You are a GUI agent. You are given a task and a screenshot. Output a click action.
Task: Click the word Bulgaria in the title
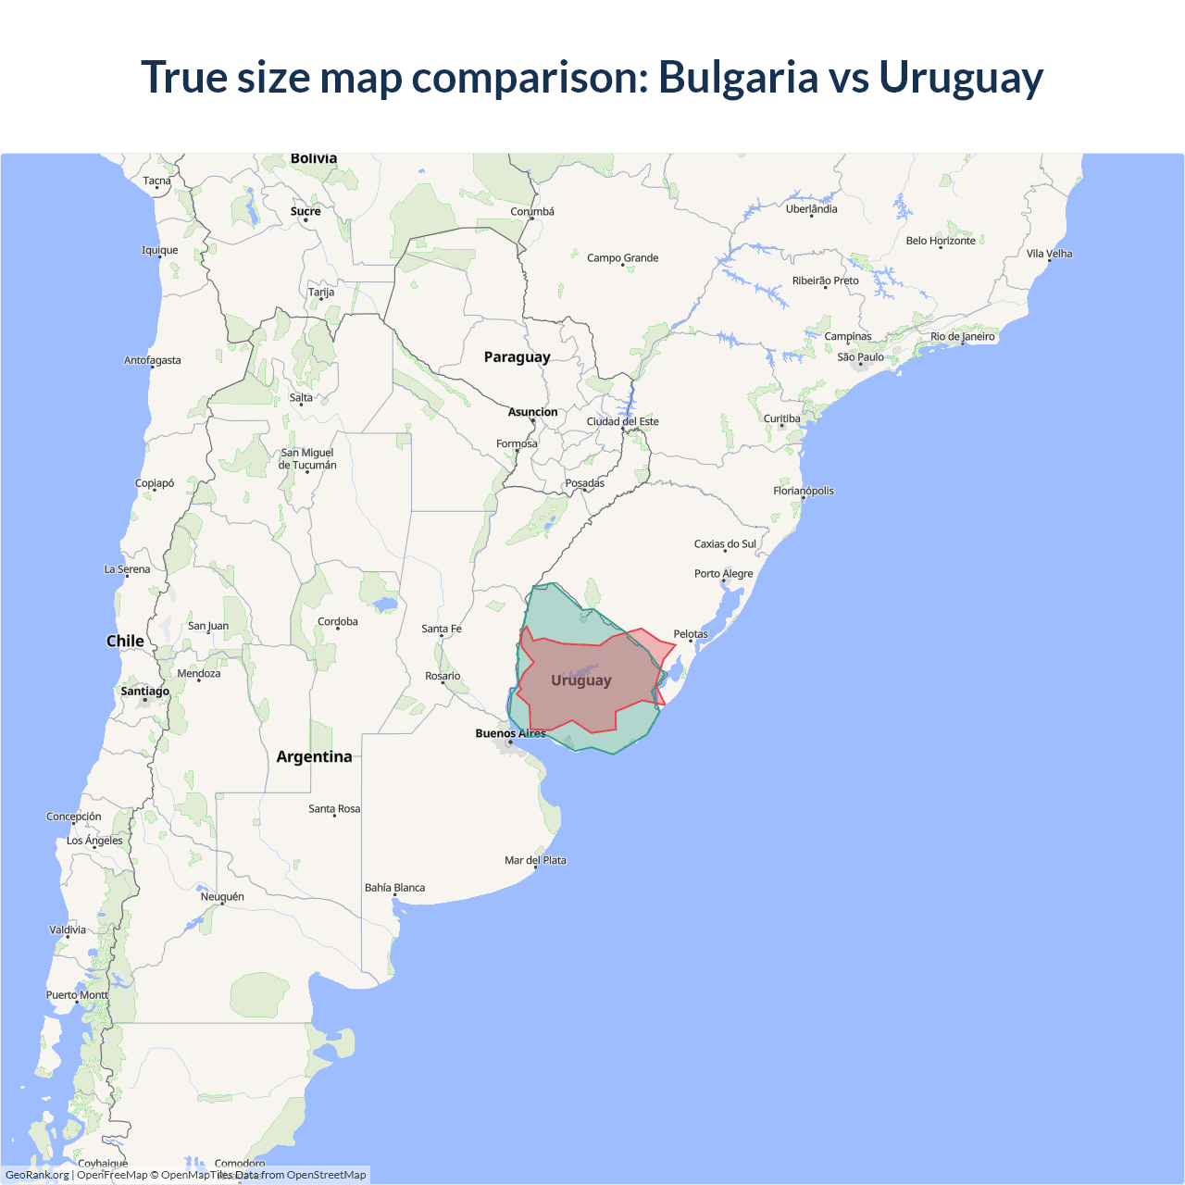pos(738,78)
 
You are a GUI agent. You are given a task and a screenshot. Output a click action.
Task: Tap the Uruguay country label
pos(581,680)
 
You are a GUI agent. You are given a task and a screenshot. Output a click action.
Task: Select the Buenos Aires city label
pos(510,733)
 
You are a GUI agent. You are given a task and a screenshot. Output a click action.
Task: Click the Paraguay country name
pos(517,357)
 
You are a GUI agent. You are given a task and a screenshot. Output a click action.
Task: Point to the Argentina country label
pos(314,756)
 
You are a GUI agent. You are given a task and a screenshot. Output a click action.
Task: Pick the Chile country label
pos(125,641)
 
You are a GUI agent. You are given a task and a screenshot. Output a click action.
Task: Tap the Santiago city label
pos(145,692)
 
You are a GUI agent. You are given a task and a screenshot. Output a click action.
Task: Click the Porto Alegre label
pos(723,574)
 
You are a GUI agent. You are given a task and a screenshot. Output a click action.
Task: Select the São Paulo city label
pos(860,357)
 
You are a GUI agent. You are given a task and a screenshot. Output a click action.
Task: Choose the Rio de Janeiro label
pos(962,337)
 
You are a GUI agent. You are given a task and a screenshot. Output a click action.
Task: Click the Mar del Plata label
pos(535,860)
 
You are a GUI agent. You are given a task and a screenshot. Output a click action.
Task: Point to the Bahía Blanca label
pos(394,888)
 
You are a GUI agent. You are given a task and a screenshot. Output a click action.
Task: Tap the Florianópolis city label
pos(804,491)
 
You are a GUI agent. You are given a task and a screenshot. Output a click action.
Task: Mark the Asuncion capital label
pos(532,412)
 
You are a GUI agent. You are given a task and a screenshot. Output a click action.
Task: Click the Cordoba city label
pos(337,622)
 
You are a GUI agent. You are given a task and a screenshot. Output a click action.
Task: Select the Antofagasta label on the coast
pos(153,360)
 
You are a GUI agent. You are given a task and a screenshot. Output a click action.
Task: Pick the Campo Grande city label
pos(622,258)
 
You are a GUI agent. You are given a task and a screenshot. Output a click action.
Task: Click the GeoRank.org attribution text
pos(37,1175)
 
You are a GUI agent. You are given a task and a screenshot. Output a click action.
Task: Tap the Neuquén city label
pos(222,896)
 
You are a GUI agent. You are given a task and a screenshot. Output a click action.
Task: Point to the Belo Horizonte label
pos(941,241)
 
